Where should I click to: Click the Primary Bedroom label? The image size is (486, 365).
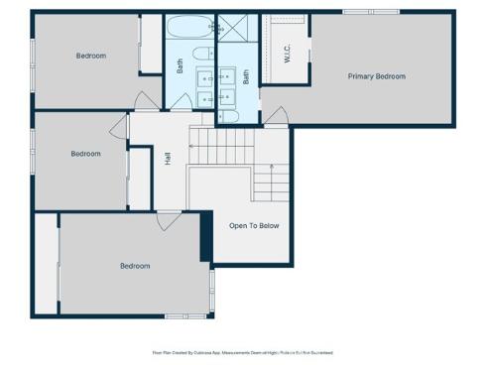pyautogui.click(x=376, y=76)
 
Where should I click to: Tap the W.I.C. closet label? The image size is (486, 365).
pyautogui.click(x=287, y=54)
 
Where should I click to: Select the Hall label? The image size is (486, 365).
pyautogui.click(x=168, y=159)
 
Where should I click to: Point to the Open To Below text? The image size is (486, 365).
pyautogui.click(x=254, y=226)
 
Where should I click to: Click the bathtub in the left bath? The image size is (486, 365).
pyautogui.click(x=187, y=27)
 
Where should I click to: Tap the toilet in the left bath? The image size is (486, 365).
pyautogui.click(x=200, y=55)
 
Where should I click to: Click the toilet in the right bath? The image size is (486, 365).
pyautogui.click(x=228, y=116)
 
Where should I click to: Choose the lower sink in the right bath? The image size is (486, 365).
pyautogui.click(x=226, y=96)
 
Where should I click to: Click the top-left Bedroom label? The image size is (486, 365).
pyautogui.click(x=91, y=56)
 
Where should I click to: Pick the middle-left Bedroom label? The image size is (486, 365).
pyautogui.click(x=85, y=154)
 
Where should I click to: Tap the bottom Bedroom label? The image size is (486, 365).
pyautogui.click(x=135, y=266)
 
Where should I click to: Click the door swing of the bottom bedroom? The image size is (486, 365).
pyautogui.click(x=169, y=220)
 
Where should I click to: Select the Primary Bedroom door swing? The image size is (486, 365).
pyautogui.click(x=275, y=117)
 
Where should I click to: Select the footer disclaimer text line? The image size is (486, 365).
pyautogui.click(x=242, y=352)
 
